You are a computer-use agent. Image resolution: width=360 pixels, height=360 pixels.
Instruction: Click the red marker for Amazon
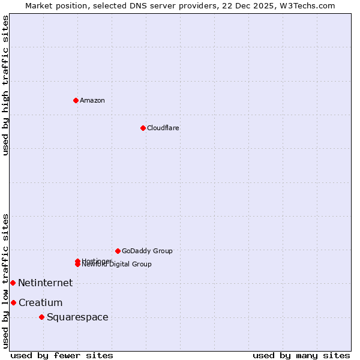pos(76,100)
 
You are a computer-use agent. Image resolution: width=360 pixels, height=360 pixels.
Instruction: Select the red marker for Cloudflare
pos(143,128)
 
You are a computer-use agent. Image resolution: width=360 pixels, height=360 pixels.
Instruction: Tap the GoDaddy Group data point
pos(118,251)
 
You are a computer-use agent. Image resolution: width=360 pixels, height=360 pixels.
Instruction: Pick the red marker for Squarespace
pos(41,317)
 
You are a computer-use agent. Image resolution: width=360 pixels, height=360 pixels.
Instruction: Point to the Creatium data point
pos(13,302)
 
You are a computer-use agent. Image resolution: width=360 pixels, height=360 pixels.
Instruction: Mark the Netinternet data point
pos(13,283)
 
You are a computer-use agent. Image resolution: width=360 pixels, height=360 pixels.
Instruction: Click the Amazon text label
pos(92,100)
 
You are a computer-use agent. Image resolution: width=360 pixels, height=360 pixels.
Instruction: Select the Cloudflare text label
pos(163,128)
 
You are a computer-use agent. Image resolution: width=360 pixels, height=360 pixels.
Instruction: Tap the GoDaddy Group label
pos(147,251)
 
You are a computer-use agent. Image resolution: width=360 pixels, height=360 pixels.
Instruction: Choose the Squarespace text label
pos(77,317)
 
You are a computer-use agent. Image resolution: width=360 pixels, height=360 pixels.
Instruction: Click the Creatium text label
pos(40,302)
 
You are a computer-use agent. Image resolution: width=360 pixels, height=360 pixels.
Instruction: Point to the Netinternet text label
pos(45,283)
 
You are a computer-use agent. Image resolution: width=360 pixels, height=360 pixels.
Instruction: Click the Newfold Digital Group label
pos(117,265)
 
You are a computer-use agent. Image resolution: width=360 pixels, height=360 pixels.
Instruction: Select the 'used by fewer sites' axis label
pos(62,355)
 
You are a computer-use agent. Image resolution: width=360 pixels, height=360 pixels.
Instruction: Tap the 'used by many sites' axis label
pos(301,355)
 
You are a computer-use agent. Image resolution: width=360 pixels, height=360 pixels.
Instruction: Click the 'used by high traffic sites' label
pos(5,85)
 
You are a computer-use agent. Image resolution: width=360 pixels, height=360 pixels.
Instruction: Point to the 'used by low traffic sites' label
pos(5,281)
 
